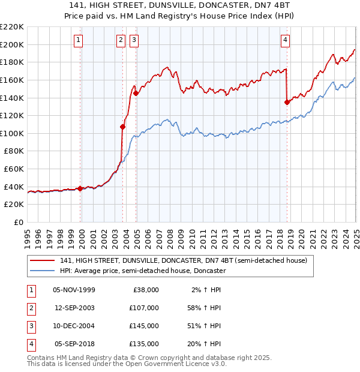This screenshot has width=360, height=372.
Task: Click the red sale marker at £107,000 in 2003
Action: pos(122,127)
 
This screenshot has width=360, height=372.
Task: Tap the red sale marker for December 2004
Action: pos(136,93)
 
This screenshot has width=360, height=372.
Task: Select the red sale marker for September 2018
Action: pos(287,102)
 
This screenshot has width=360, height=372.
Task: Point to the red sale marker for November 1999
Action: pos(80,188)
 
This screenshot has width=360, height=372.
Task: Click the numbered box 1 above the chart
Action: pos(79,40)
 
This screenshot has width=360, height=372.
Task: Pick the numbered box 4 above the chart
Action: pos(286,40)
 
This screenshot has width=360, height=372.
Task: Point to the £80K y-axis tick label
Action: pos(14,151)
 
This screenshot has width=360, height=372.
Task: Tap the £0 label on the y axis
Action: pos(18,222)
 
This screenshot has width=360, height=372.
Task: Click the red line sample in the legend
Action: pos(42,260)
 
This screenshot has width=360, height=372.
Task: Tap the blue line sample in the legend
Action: pos(42,271)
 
